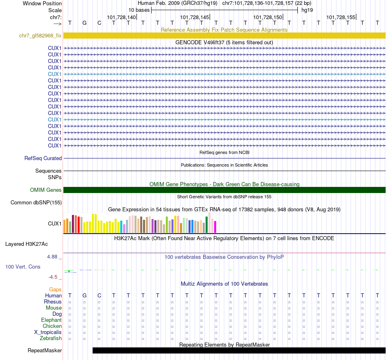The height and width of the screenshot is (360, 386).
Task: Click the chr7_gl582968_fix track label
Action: (x=40, y=36)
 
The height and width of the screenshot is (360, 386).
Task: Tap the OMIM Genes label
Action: (x=46, y=190)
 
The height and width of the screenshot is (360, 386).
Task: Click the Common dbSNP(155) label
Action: (x=36, y=202)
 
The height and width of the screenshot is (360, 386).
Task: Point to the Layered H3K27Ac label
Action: (x=26, y=244)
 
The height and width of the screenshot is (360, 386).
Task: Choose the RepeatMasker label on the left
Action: (x=45, y=350)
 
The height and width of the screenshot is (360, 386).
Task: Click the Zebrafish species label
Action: (x=51, y=338)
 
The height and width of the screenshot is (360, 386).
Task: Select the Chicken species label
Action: (x=52, y=326)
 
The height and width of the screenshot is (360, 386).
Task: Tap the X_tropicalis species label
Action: (x=48, y=332)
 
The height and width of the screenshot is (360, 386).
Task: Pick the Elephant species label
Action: (x=51, y=320)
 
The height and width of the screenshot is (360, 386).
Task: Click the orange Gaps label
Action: (x=55, y=289)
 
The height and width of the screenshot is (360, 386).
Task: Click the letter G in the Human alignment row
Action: (x=85, y=295)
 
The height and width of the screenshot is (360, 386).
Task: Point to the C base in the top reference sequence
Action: (x=99, y=23)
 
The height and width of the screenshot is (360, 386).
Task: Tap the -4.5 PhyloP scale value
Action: (x=53, y=277)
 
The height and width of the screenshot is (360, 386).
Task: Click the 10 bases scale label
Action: (x=139, y=10)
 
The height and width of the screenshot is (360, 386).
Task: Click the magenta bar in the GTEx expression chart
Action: (x=215, y=227)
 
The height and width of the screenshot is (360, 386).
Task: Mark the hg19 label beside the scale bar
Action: (x=307, y=10)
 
